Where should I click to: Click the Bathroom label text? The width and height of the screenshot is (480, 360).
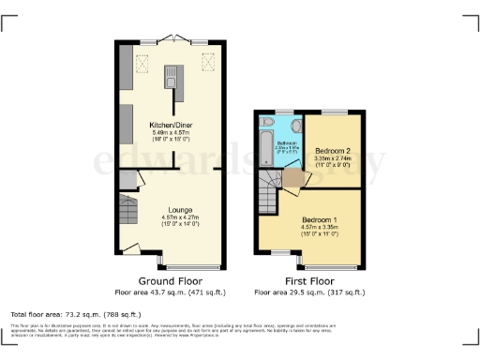point(286,142)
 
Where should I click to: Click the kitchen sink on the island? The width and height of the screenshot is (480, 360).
point(172,75)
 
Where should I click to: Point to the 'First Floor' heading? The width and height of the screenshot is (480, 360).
point(309,281)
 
